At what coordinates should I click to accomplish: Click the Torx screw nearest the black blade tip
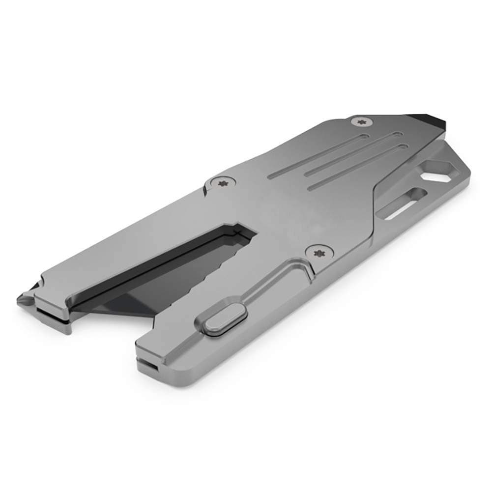tap(363, 121)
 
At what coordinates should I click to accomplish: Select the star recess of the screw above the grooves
tap(363, 121)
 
